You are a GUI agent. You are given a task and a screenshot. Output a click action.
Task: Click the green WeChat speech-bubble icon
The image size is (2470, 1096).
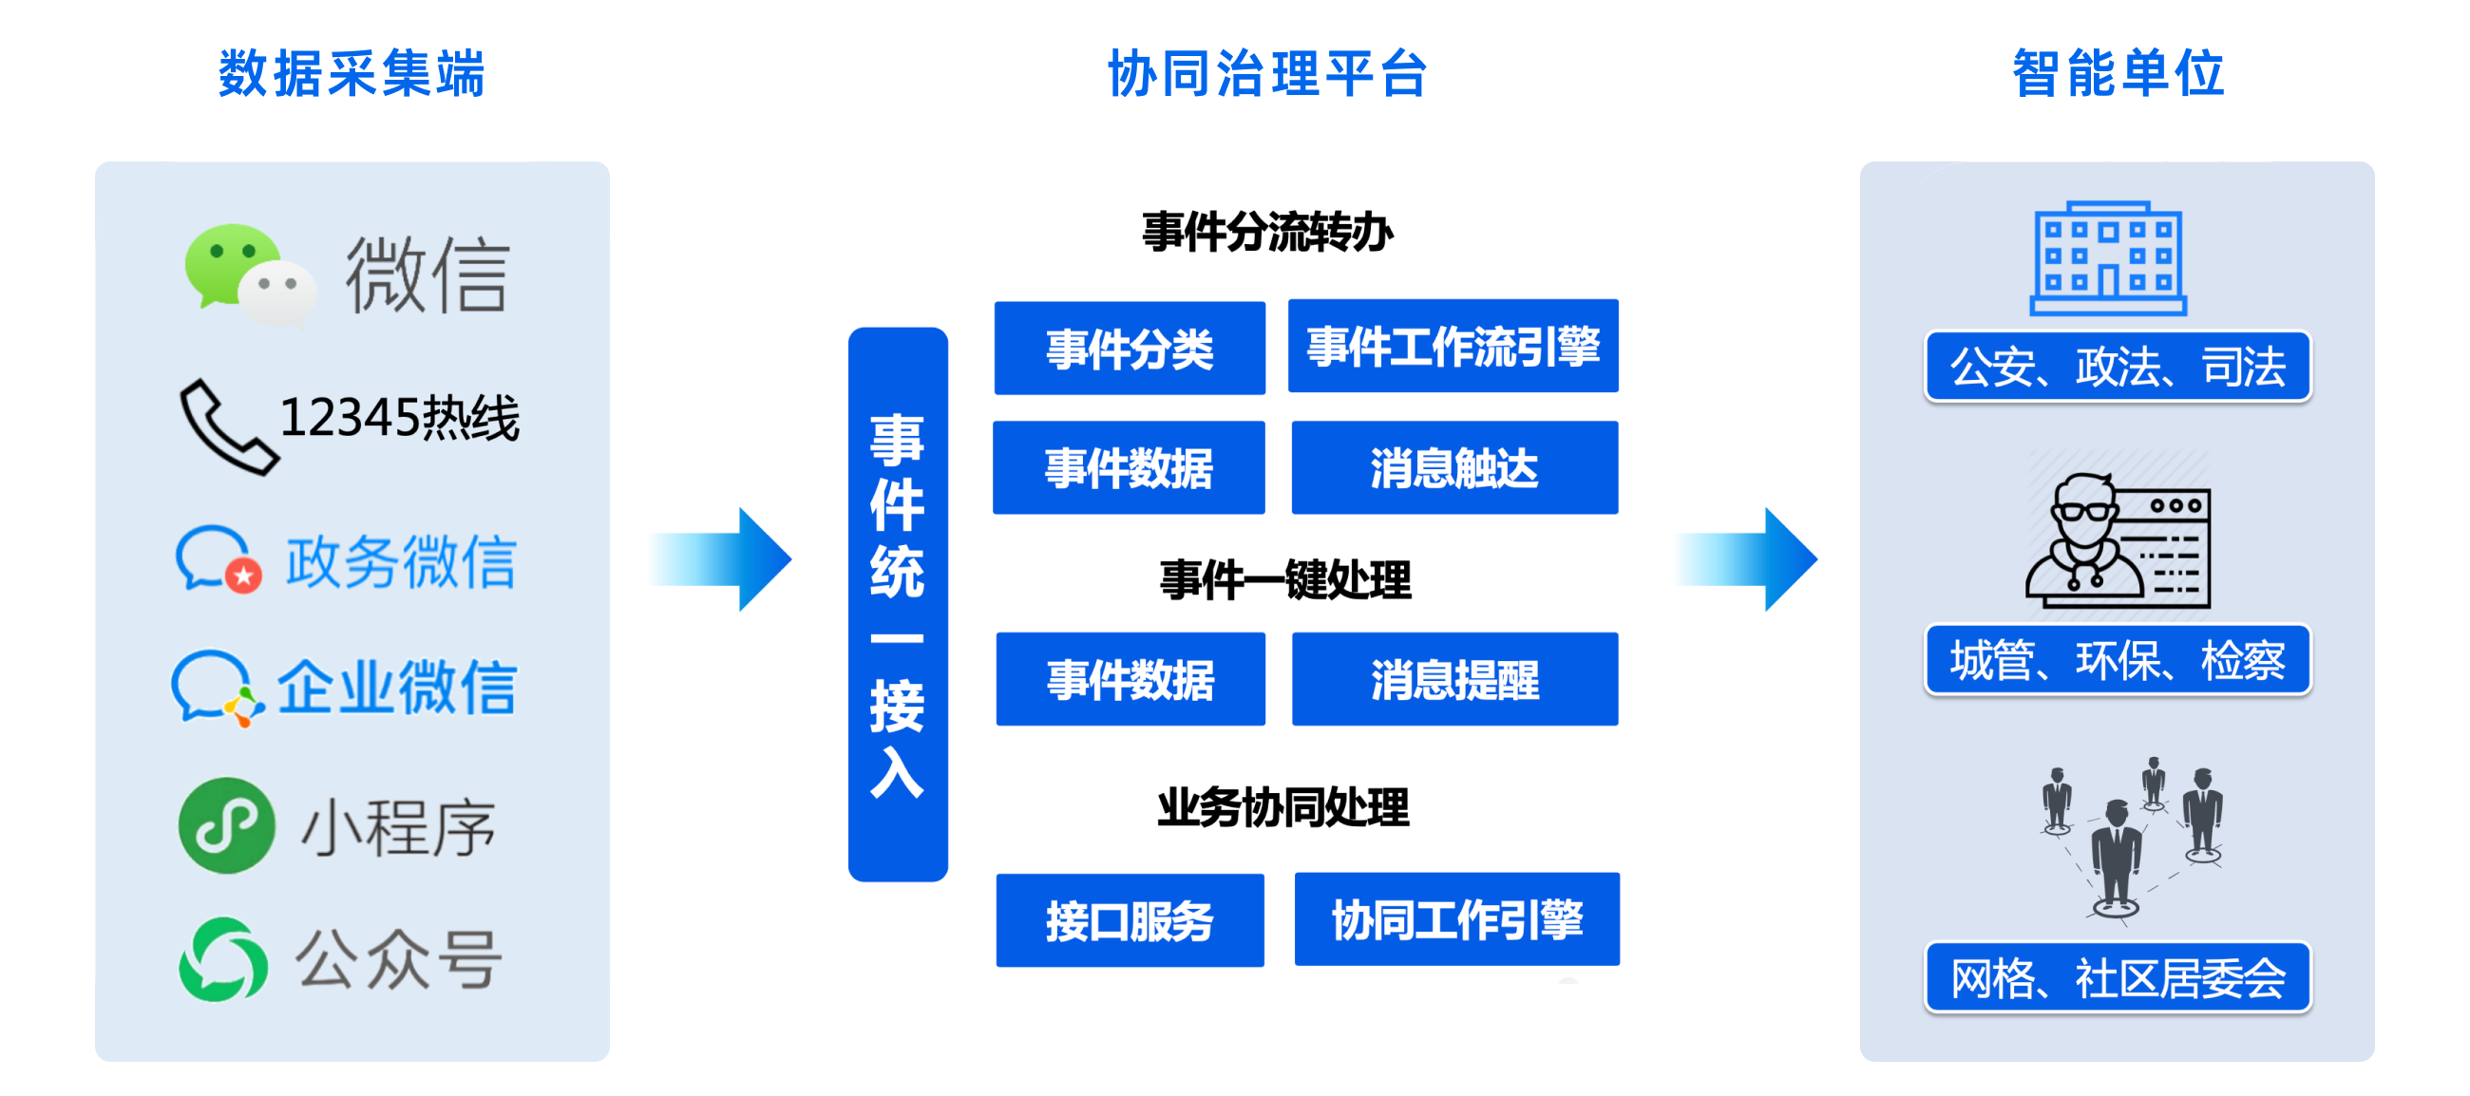click(249, 275)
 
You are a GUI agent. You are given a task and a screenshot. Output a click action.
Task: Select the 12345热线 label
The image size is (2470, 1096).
click(399, 418)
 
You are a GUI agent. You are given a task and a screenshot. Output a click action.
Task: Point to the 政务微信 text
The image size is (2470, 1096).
click(401, 562)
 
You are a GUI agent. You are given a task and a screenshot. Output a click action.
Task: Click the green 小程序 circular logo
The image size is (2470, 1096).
click(226, 825)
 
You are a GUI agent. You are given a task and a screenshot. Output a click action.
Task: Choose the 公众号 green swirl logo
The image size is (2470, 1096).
click(222, 960)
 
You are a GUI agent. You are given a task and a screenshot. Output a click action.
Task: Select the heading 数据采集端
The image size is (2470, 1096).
click(351, 73)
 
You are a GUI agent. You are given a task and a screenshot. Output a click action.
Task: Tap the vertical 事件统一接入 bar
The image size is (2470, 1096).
click(898, 604)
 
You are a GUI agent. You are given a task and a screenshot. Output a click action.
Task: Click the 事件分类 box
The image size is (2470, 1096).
click(1130, 348)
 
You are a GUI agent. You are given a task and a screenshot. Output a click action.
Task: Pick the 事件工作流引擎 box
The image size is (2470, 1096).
click(1453, 346)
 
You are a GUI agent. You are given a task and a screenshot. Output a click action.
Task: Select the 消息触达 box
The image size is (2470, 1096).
click(1454, 468)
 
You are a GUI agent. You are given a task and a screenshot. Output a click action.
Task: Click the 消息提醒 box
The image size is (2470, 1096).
click(1454, 679)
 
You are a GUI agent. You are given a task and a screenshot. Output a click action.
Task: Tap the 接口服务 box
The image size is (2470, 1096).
click(1130, 920)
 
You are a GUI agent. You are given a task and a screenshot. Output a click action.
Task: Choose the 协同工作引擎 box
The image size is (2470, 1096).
click(1456, 918)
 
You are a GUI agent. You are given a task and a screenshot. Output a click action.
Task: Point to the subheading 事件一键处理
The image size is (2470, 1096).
click(1284, 580)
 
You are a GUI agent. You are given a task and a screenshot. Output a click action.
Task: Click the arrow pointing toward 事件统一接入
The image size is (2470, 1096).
click(720, 559)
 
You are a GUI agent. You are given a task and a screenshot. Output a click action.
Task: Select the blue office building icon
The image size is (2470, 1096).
click(2107, 258)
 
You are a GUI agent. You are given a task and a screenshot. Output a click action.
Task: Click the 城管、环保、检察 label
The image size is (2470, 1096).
click(2118, 660)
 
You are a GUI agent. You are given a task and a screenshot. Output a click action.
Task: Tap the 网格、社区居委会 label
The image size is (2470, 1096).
click(2118, 977)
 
